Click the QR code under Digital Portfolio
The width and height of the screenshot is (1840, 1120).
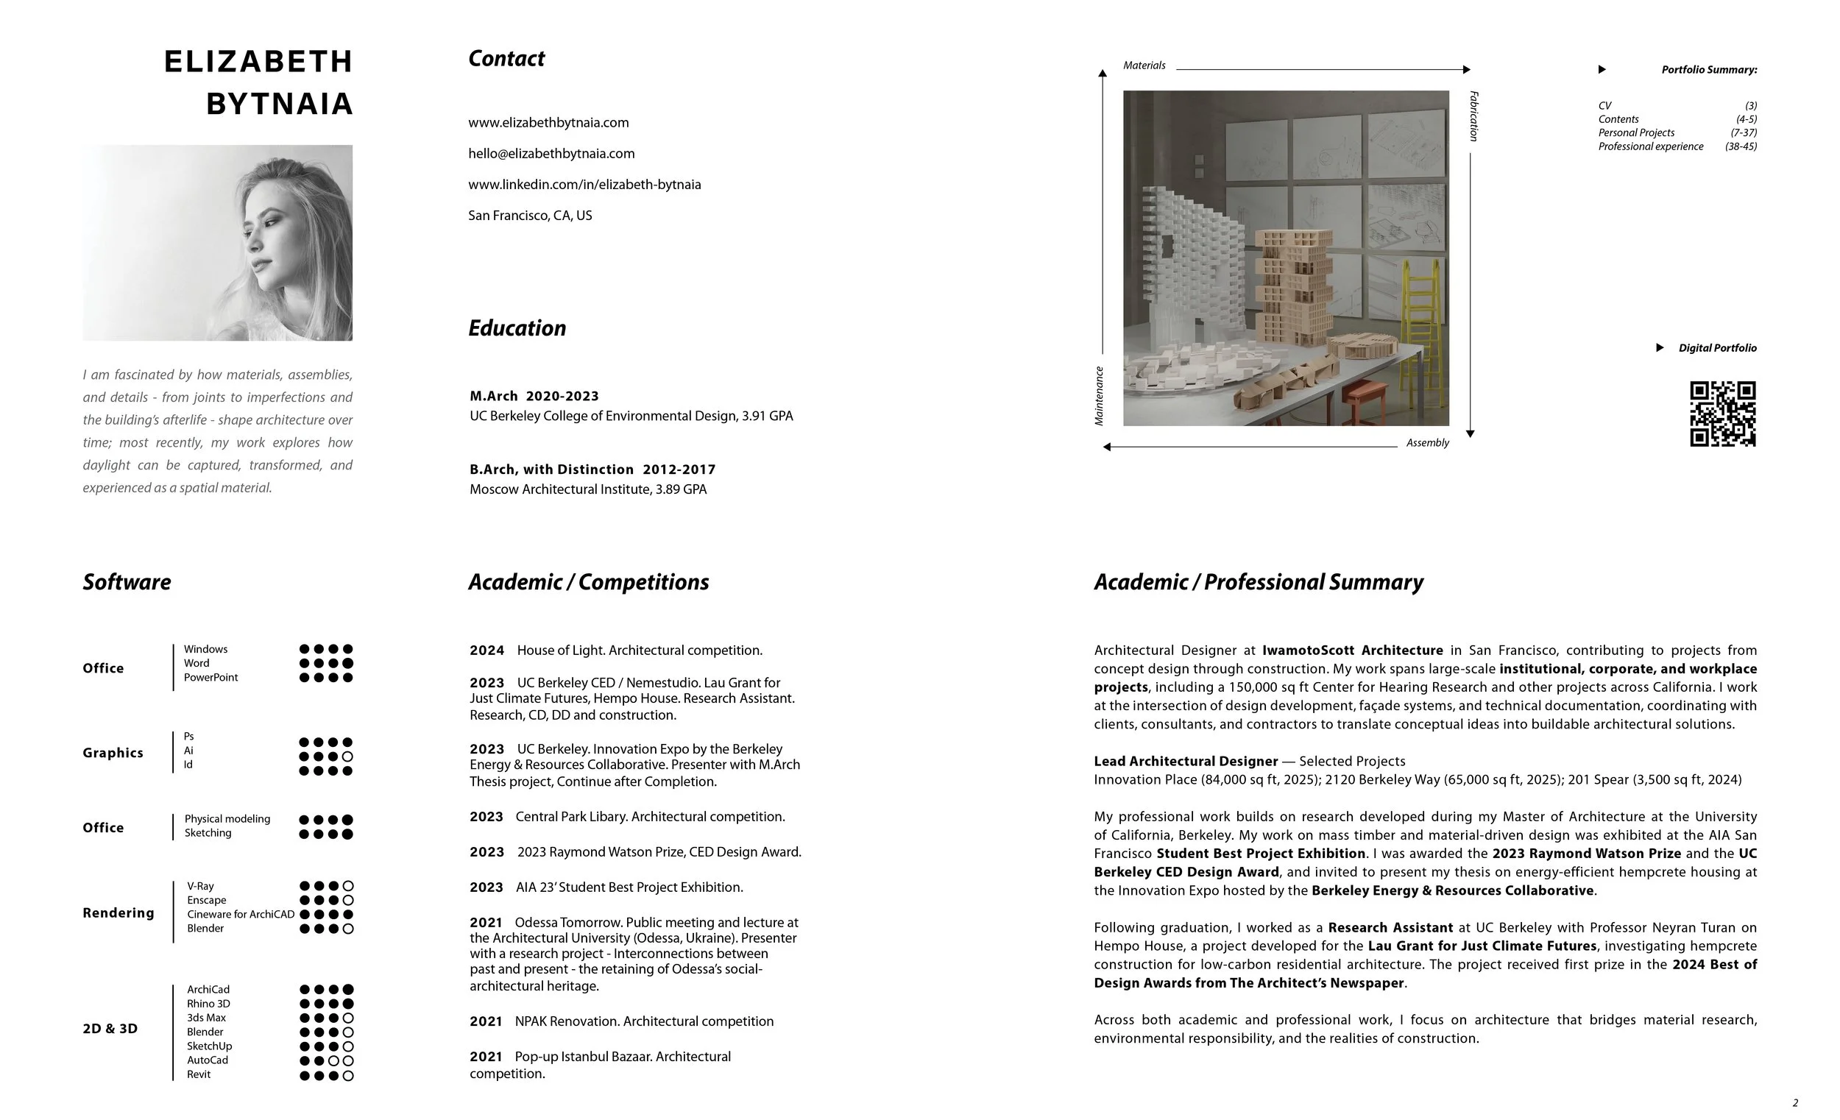[1722, 414]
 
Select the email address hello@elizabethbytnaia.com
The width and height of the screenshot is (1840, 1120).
[551, 154]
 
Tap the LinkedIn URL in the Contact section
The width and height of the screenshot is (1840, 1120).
[584, 185]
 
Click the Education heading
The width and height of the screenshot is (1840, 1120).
[517, 328]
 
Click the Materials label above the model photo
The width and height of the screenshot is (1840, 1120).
[1144, 65]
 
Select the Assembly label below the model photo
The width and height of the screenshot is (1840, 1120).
[1427, 443]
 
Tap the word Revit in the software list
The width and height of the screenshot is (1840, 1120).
[199, 1074]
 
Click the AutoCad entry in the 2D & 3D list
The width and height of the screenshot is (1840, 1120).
[208, 1060]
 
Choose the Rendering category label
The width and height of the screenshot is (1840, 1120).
[118, 912]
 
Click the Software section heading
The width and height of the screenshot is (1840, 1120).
[127, 582]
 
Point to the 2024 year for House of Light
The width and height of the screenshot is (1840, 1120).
[487, 651]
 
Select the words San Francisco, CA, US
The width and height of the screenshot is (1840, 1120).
[529, 216]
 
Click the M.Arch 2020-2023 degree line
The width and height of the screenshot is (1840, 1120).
[534, 397]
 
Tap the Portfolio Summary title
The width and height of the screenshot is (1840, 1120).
[1708, 69]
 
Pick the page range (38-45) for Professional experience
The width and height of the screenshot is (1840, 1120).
[1741, 146]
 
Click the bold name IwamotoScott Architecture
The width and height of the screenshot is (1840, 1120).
[1352, 651]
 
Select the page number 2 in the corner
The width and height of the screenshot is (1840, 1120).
[1795, 1103]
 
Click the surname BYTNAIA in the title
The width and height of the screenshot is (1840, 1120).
[279, 104]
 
